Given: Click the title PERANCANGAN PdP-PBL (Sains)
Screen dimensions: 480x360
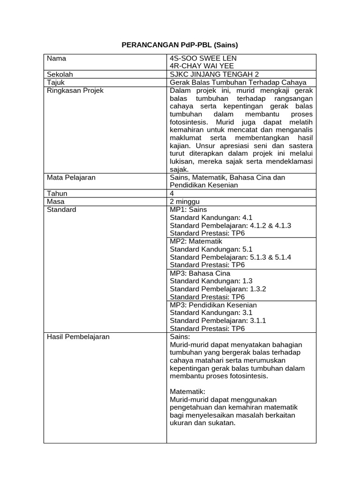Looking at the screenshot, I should tap(180, 45).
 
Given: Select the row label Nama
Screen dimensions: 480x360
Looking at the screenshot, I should tap(56, 59).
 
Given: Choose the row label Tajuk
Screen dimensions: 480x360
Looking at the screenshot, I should tap(55, 82).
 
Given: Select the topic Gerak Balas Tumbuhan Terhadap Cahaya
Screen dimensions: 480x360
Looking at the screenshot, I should tap(238, 82).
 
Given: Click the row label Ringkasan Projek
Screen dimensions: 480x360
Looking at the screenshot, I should tap(75, 90).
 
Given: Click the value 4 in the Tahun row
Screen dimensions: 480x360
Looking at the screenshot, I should tap(172, 194).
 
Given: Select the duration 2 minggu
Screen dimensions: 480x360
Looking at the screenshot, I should tap(186, 202).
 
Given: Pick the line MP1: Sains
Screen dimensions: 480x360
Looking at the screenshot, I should tap(188, 210).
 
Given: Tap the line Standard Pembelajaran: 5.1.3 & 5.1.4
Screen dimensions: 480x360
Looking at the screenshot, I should tap(230, 257).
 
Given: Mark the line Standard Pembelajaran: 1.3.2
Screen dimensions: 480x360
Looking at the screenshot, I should tap(217, 289).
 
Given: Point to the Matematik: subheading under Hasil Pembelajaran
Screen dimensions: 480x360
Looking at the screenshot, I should tap(187, 391).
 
